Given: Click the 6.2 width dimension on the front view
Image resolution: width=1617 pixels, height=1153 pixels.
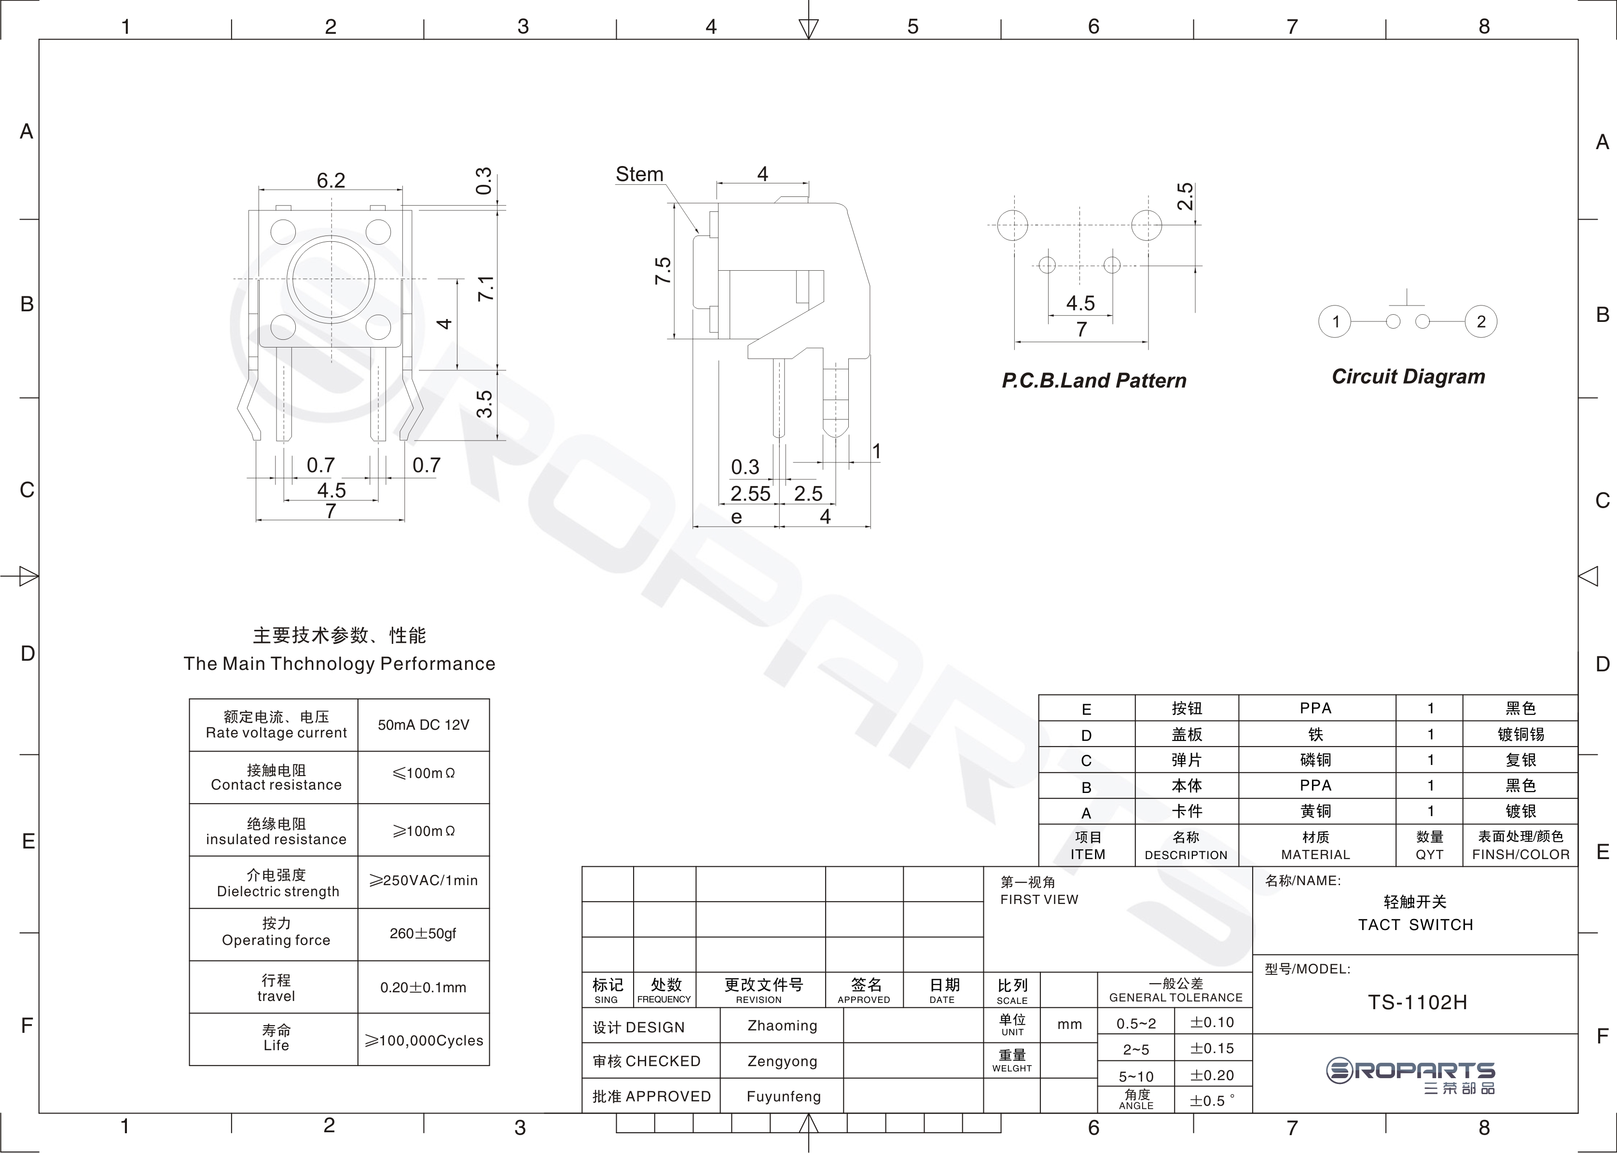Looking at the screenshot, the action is pyautogui.click(x=331, y=181).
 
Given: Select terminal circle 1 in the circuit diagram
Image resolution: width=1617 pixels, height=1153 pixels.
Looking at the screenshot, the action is pyautogui.click(x=1335, y=321).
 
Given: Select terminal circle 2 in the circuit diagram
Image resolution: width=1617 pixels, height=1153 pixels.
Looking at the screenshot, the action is pyautogui.click(x=1481, y=321).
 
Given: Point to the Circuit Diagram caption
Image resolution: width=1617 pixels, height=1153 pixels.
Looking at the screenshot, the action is pyautogui.click(x=1409, y=377).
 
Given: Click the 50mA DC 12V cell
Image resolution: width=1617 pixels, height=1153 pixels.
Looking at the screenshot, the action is pyautogui.click(x=424, y=725).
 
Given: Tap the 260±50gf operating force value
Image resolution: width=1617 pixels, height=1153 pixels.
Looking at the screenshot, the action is pyautogui.click(x=423, y=933).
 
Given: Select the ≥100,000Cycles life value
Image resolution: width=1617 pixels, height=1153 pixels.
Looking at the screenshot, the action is pyautogui.click(x=424, y=1041).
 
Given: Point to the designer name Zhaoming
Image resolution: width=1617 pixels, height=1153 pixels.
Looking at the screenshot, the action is pyautogui.click(x=782, y=1026).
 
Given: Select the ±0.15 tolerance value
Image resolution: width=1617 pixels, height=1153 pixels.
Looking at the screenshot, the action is pyautogui.click(x=1213, y=1049).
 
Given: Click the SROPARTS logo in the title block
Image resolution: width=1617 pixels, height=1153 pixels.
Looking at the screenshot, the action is pyautogui.click(x=1410, y=1076).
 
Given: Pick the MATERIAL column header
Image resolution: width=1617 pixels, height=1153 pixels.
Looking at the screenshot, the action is pyautogui.click(x=1315, y=855).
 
